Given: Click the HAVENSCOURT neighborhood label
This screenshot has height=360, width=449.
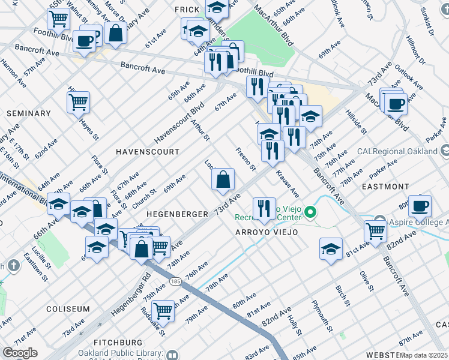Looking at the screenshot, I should pyautogui.click(x=147, y=152).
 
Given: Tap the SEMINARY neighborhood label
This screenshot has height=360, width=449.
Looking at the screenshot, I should pyautogui.click(x=28, y=113).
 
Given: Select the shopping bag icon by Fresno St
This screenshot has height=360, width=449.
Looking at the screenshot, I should pyautogui.click(x=223, y=179).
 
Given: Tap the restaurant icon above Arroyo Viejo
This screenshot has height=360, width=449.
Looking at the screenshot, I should pyautogui.click(x=264, y=208).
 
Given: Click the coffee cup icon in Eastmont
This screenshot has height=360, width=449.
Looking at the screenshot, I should pyautogui.click(x=420, y=205).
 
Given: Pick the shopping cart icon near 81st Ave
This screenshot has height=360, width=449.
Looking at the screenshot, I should pyautogui.click(x=375, y=229).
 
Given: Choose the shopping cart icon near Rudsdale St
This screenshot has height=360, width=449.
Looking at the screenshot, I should pyautogui.click(x=163, y=311).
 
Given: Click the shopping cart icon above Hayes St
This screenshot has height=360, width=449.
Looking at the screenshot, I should pyautogui.click(x=78, y=101).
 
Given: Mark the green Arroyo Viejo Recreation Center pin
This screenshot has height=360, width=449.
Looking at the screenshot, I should pyautogui.click(x=310, y=212).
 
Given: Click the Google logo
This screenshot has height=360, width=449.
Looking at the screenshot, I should pyautogui.click(x=20, y=353).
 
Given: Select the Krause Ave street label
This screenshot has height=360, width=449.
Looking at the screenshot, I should pyautogui.click(x=287, y=184).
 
